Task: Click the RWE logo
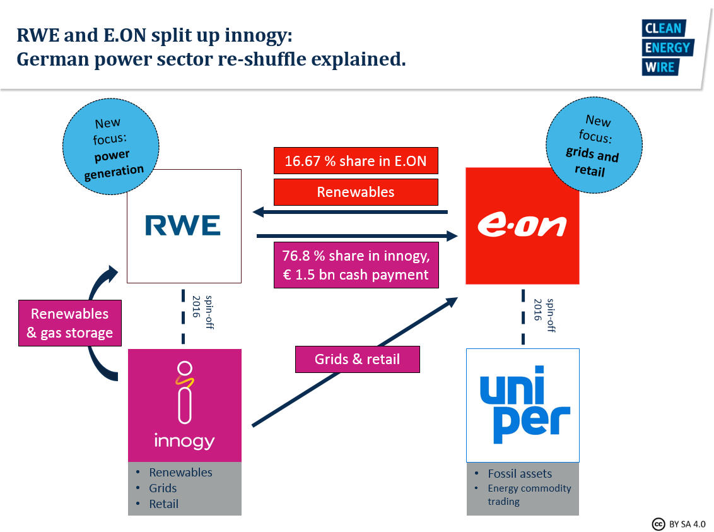pyautogui.click(x=183, y=225)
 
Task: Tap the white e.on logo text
pyautogui.click(x=522, y=226)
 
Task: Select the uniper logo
pyautogui.click(x=523, y=405)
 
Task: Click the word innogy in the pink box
pyautogui.click(x=184, y=440)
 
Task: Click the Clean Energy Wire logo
pyautogui.click(x=667, y=47)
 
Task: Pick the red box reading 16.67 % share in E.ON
pyautogui.click(x=356, y=161)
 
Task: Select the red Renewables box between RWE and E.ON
pyautogui.click(x=356, y=192)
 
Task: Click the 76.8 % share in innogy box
pyautogui.click(x=356, y=266)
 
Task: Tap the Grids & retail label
pyautogui.click(x=357, y=359)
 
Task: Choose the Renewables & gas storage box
pyautogui.click(x=69, y=323)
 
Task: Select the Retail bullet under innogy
pyautogui.click(x=164, y=504)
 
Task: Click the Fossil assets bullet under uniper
pyautogui.click(x=520, y=473)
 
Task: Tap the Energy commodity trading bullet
pyautogui.click(x=529, y=495)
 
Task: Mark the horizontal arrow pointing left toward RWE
pyautogui.click(x=350, y=213)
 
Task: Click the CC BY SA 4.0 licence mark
pyautogui.click(x=679, y=524)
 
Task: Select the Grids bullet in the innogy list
pyautogui.click(x=163, y=488)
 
